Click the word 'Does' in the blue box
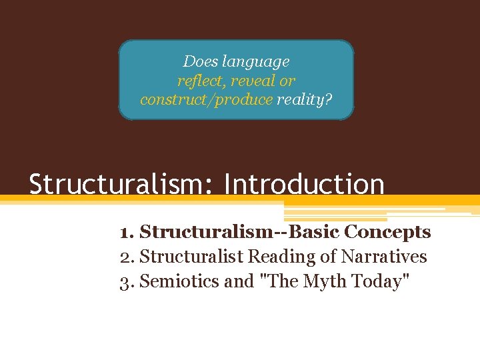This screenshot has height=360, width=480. pyautogui.click(x=200, y=62)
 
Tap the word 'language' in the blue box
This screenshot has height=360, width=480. pyautogui.click(x=255, y=62)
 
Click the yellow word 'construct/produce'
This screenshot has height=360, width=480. pyautogui.click(x=206, y=99)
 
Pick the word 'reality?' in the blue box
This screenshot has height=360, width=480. pyautogui.click(x=305, y=99)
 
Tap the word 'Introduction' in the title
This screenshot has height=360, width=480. pyautogui.click(x=305, y=184)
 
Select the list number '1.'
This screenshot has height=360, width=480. pyautogui.click(x=127, y=233)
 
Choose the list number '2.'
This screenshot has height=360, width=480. pyautogui.click(x=127, y=257)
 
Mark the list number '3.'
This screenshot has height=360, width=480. pyautogui.click(x=127, y=281)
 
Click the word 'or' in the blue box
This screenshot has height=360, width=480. pyautogui.click(x=287, y=81)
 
